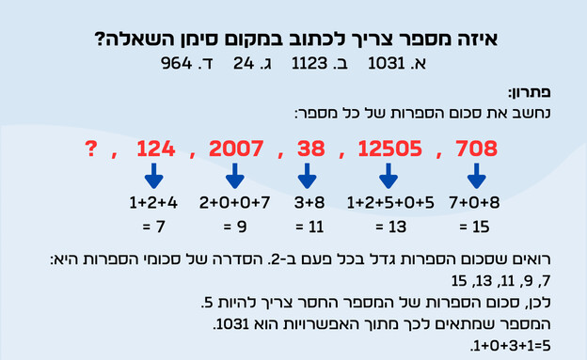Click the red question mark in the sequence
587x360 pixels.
click(90, 148)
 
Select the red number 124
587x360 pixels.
click(155, 149)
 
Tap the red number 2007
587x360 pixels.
click(235, 149)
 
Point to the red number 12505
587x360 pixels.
click(387, 149)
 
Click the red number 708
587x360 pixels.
click(476, 149)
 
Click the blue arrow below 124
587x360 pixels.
click(154, 177)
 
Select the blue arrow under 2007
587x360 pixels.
click(235, 177)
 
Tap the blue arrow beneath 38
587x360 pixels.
click(305, 177)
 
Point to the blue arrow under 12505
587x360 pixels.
click(387, 177)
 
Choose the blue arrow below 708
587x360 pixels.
click(476, 177)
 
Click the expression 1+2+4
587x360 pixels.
click(153, 203)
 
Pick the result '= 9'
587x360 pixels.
click(235, 227)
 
